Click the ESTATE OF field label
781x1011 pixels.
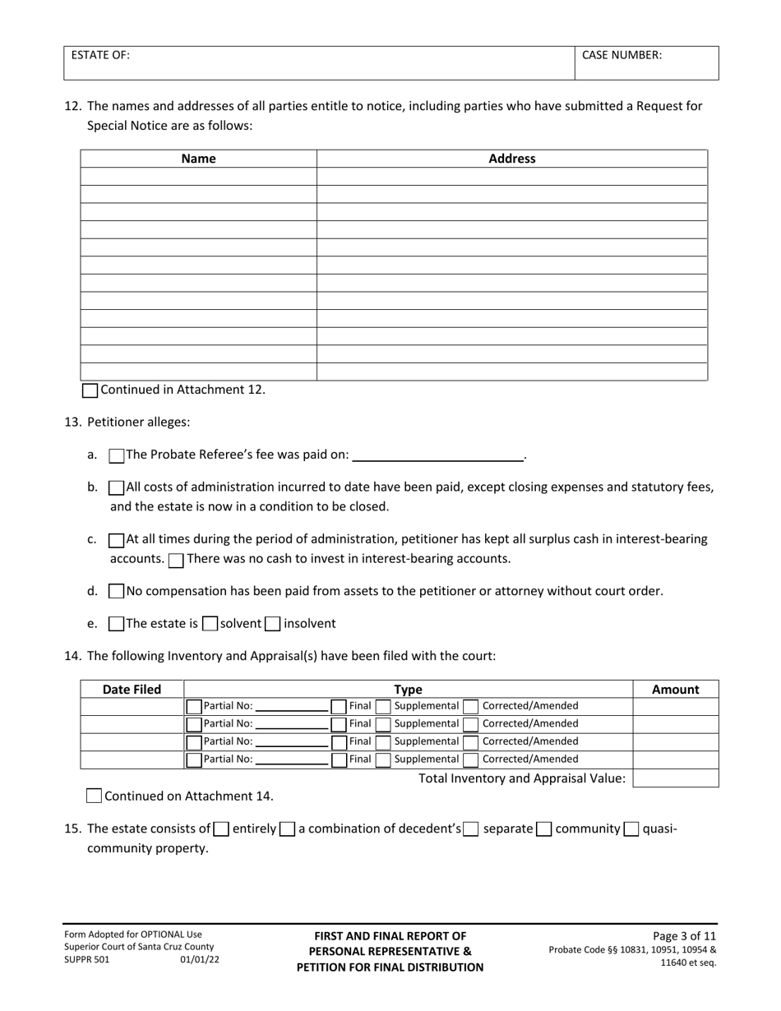100,55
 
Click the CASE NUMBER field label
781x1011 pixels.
622,55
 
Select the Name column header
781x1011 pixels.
198,159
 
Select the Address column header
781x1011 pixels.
511,159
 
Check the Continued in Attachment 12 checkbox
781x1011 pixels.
90,390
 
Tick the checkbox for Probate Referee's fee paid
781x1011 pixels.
117,455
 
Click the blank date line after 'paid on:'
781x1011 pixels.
437,455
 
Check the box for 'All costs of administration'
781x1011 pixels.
117,487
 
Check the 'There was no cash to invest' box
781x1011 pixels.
176,560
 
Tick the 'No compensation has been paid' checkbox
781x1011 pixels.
117,591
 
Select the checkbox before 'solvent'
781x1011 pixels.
210,624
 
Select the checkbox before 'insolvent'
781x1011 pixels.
273,624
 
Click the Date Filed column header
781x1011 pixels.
132,690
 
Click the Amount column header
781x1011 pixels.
675,690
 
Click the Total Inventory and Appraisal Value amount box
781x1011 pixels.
675,778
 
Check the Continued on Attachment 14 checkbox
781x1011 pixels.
94,796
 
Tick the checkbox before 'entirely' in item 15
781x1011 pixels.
221,829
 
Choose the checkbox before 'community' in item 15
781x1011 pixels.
543,829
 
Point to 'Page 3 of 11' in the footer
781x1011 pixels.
684,935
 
